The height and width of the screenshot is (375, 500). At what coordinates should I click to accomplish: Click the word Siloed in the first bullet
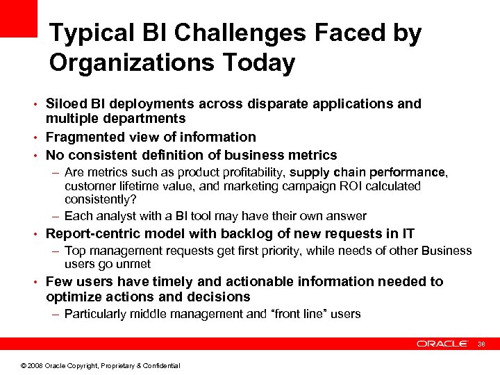click(66, 103)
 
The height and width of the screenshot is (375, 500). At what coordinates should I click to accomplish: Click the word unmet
click(135, 265)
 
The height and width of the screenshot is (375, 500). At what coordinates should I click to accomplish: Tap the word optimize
click(73, 297)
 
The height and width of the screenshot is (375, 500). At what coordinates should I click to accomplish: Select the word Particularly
click(94, 314)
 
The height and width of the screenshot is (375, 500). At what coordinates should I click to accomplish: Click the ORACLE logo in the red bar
click(442, 344)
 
